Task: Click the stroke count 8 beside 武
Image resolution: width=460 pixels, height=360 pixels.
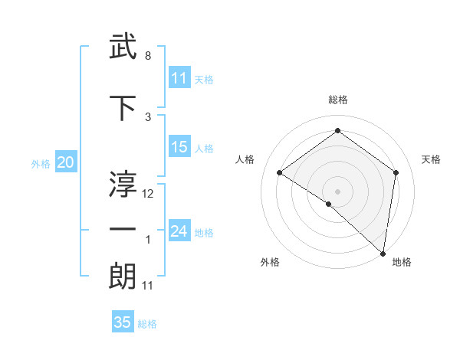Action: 148,57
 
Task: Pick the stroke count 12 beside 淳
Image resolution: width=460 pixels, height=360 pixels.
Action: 149,194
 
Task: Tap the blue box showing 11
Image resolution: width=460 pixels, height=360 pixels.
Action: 179,78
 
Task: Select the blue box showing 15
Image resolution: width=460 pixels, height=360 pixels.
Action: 179,147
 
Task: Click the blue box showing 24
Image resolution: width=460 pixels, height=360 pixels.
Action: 179,231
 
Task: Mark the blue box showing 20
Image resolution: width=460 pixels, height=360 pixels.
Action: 66,162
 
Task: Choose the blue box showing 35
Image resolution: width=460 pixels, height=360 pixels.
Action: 123,322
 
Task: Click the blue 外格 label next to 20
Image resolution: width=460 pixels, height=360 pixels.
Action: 41,163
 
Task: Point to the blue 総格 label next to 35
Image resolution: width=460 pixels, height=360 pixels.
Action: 147,324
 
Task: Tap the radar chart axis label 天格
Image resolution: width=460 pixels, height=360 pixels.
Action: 432,159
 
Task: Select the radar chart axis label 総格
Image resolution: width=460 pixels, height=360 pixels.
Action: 338,100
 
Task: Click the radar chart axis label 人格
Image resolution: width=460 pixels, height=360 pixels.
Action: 245,159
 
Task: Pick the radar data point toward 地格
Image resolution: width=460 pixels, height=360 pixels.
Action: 383,253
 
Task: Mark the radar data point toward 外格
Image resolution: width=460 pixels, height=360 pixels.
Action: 329,204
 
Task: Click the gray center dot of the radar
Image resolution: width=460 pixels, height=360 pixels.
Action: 338,191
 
